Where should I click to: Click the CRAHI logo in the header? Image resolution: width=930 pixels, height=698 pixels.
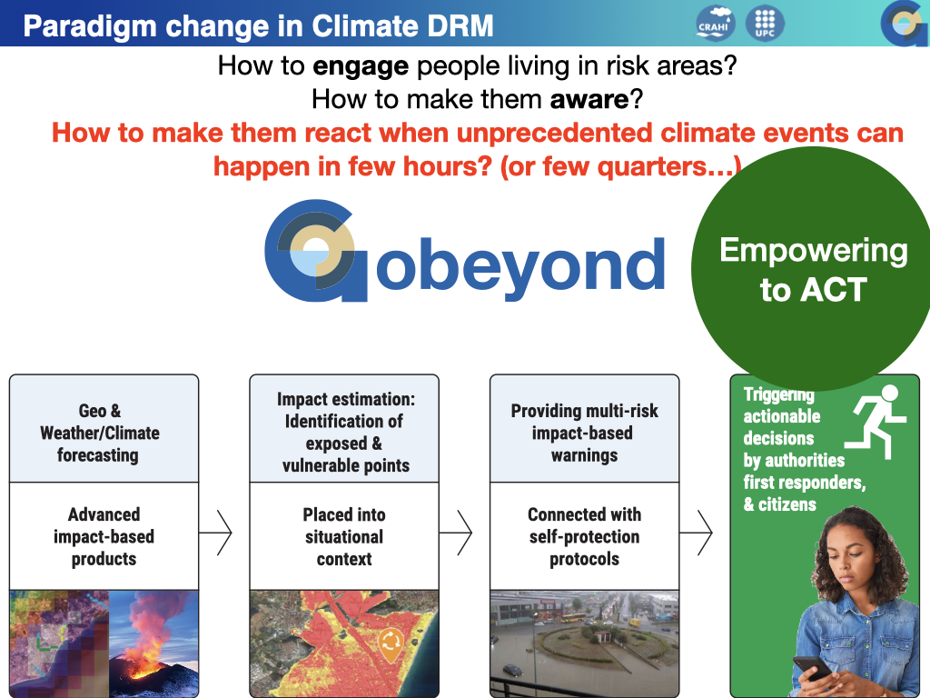pos(716,24)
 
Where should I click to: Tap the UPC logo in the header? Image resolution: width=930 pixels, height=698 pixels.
pos(765,24)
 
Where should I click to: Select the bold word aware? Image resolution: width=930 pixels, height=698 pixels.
pos(589,99)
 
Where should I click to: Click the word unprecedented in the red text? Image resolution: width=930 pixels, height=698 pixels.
pos(554,133)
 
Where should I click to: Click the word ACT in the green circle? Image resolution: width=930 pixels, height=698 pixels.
pos(834,290)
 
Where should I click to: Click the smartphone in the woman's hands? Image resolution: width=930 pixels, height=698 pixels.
pos(812,668)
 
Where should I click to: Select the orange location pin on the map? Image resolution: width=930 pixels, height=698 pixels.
pos(391,644)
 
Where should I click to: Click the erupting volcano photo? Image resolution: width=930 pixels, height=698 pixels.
pos(153,643)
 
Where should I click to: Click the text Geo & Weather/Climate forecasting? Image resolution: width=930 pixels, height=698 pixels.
pos(100,433)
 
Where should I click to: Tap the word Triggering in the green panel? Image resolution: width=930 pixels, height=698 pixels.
pos(778,394)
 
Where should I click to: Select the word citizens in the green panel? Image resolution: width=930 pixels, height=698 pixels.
pos(787,504)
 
